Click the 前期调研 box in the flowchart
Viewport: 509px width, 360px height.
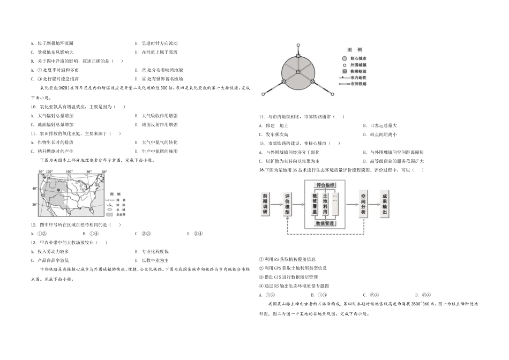pyautogui.click(x=265, y=204)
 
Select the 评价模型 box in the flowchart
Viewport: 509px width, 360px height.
pyautogui.click(x=288, y=204)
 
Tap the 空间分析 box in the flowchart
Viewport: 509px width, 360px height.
pyautogui.click(x=363, y=204)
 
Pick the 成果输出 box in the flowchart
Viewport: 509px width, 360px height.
pyautogui.click(x=385, y=204)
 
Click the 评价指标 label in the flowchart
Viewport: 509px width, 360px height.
pyautogui.click(x=325, y=185)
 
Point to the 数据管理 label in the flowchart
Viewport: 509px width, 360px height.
pyautogui.click(x=325, y=223)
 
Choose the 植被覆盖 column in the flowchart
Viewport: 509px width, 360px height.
pyautogui.click(x=315, y=204)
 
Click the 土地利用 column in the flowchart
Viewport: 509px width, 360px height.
pyautogui.click(x=325, y=204)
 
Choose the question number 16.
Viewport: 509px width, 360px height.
pyautogui.click(x=261, y=170)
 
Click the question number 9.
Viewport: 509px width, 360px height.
pyautogui.click(x=33, y=61)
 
